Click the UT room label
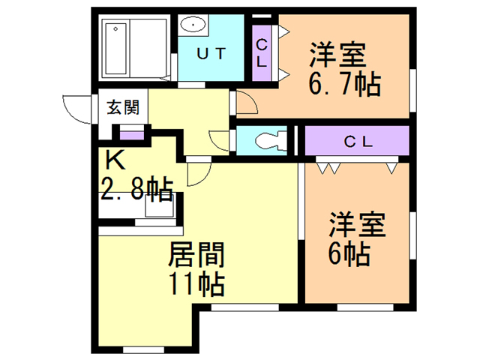coord(211,54)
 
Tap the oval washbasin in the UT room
coord(193,24)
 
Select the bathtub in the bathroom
coord(115,48)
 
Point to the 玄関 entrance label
coord(123,107)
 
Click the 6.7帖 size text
coord(345,84)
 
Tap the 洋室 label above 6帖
coord(357,224)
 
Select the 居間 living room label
coord(196,254)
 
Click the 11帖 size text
coord(196,284)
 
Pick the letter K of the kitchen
coord(115,160)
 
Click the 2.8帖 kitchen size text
coord(136,189)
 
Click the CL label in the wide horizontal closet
coord(358,142)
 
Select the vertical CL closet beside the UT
coord(262,53)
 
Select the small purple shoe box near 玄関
coord(132,135)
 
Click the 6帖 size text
coord(349,254)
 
